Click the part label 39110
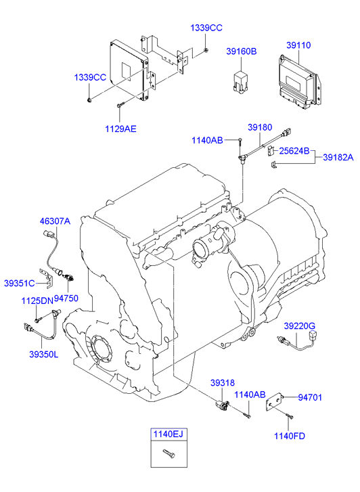pyautogui.click(x=298, y=45)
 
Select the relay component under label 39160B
pyautogui.click(x=241, y=83)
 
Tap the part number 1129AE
pyautogui.click(x=121, y=129)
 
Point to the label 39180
pyautogui.click(x=260, y=127)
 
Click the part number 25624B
pyautogui.click(x=294, y=151)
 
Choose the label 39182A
pyautogui.click(x=338, y=157)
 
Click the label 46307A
pyautogui.click(x=55, y=221)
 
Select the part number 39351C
pyautogui.click(x=20, y=284)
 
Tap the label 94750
pyautogui.click(x=66, y=298)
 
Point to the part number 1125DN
pyautogui.click(x=37, y=301)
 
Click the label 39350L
pyautogui.click(x=43, y=355)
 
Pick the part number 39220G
pyautogui.click(x=299, y=326)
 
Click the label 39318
pyautogui.click(x=223, y=383)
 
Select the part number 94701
pyautogui.click(x=310, y=397)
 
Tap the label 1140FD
pyautogui.click(x=290, y=436)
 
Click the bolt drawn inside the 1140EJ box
pyautogui.click(x=169, y=453)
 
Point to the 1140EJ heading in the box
pyautogui.click(x=168, y=434)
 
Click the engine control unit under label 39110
pyautogui.click(x=299, y=82)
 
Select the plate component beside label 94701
pyautogui.click(x=275, y=403)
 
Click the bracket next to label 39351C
pyautogui.click(x=47, y=278)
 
